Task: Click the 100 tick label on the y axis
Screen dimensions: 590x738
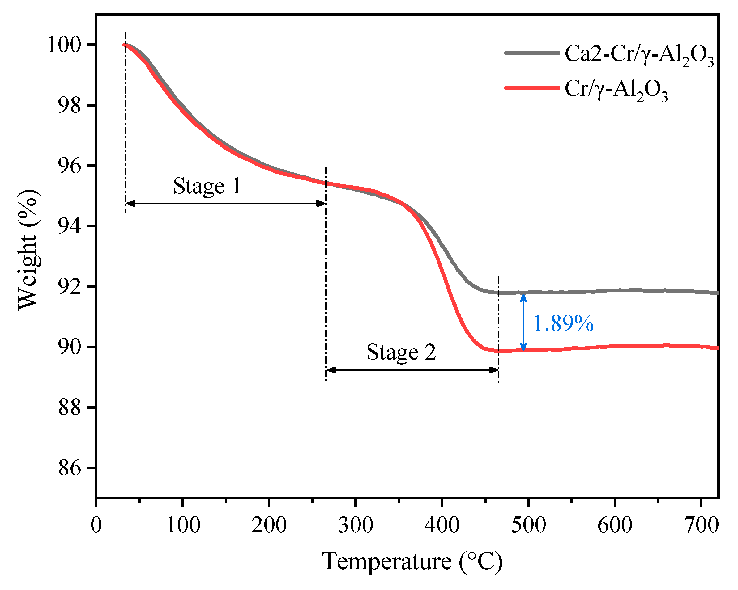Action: tap(64, 45)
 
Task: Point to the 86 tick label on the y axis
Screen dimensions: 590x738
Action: tap(70, 468)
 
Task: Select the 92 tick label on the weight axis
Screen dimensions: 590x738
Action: tap(70, 287)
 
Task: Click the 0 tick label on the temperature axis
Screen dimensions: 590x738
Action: tap(96, 525)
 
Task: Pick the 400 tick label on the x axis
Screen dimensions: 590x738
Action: tap(442, 525)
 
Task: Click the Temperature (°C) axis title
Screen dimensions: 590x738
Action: tap(412, 562)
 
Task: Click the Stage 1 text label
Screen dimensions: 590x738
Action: tap(207, 186)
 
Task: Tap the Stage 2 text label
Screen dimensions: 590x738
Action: tap(401, 352)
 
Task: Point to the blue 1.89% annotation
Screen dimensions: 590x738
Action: tap(563, 323)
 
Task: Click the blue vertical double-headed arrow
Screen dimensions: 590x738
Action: tap(523, 322)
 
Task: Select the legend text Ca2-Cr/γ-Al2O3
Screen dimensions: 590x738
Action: tap(639, 55)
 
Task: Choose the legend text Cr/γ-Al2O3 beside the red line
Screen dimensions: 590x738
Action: tap(616, 90)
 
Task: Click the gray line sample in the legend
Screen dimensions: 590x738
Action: tap(531, 53)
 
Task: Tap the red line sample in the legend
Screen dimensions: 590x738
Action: tap(531, 88)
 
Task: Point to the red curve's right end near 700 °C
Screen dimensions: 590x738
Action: tap(717, 348)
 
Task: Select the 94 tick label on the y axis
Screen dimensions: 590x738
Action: tap(70, 226)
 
